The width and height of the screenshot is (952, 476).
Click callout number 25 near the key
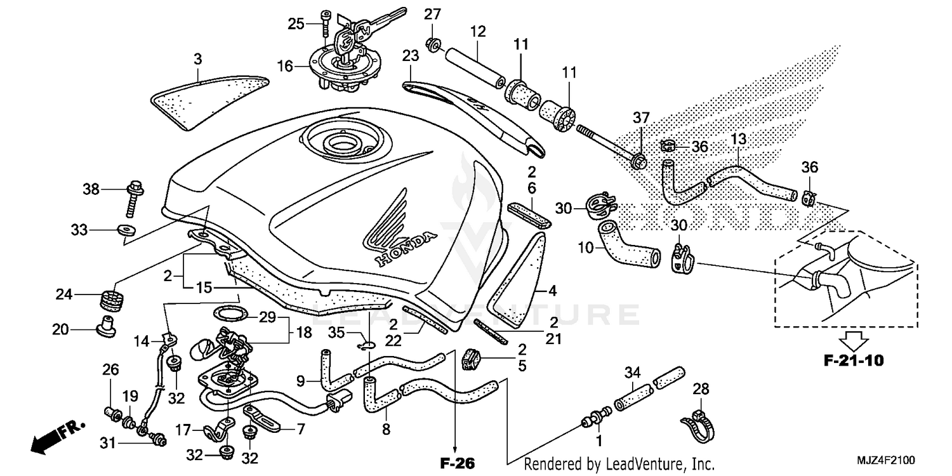[x=296, y=24]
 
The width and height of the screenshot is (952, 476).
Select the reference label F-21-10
[x=853, y=361]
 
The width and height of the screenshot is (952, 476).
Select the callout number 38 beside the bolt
[x=91, y=188]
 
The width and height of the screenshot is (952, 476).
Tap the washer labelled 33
[x=124, y=230]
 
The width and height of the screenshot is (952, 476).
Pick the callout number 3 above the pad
[x=198, y=60]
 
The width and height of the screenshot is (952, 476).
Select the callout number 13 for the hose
[x=739, y=138]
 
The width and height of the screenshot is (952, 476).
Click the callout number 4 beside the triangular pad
[x=552, y=291]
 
